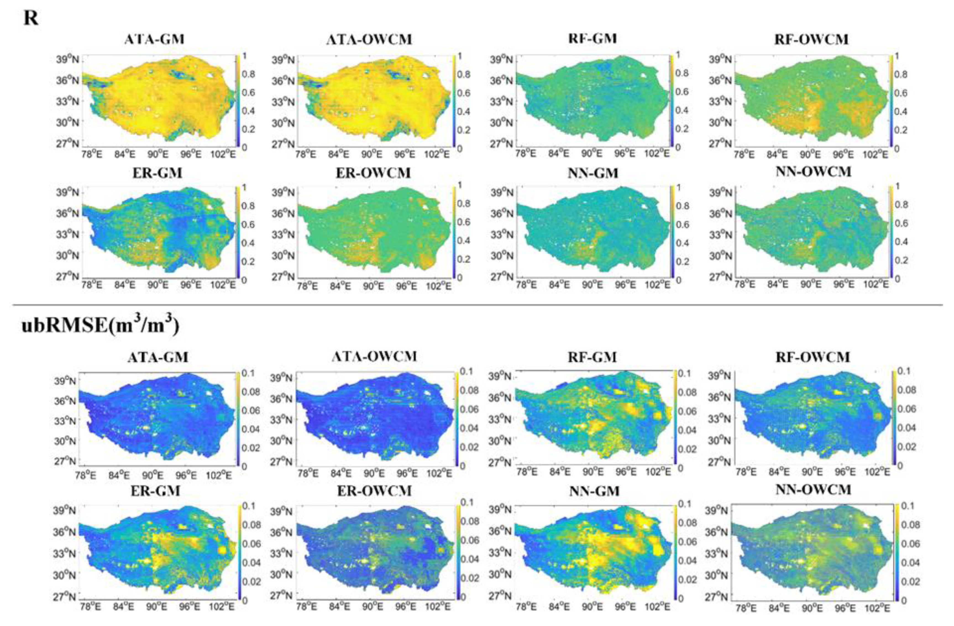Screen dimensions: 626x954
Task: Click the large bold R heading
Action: (x=31, y=18)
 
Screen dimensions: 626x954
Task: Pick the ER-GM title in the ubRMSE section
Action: (x=156, y=492)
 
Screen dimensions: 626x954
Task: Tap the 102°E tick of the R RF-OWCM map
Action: (x=875, y=154)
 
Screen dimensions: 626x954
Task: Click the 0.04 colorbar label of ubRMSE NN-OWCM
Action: (x=910, y=562)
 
